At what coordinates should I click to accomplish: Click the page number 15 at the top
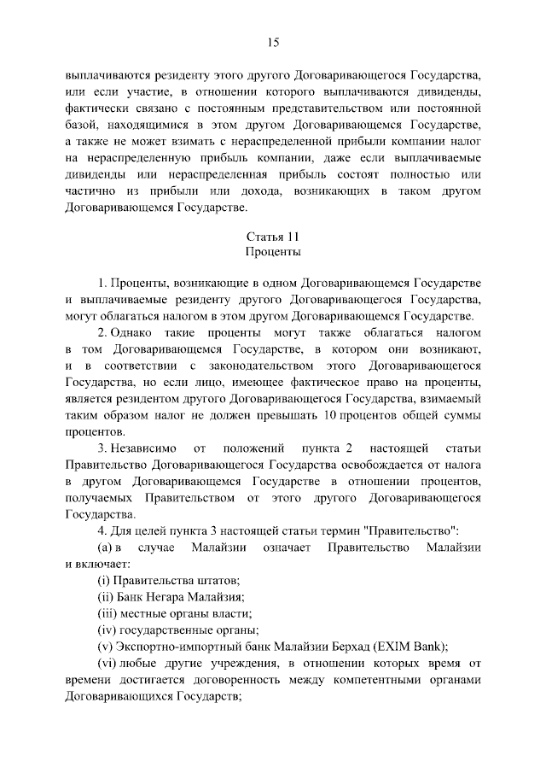(x=273, y=42)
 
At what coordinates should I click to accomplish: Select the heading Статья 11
(x=273, y=237)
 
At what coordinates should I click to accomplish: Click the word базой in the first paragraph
(x=81, y=125)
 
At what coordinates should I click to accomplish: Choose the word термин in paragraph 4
(x=340, y=531)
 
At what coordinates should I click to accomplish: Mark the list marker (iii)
(x=107, y=613)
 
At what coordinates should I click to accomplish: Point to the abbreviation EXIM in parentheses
(x=401, y=647)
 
